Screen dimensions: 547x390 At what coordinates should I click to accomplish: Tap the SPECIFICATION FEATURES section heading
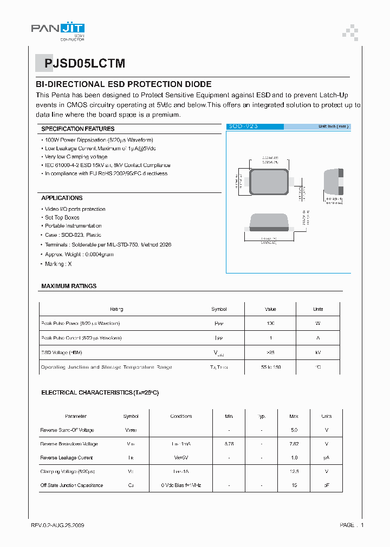coord(78,129)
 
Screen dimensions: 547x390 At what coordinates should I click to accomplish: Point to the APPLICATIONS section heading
coord(62,198)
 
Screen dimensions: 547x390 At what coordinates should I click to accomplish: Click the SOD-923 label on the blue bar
coord(243,126)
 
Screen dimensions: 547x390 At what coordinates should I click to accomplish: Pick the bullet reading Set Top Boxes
coord(62,217)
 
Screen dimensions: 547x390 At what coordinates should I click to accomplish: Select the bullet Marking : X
coord(58,264)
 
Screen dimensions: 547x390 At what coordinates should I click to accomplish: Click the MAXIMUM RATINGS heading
coord(69,286)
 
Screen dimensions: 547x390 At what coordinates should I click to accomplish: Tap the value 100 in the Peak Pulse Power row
coord(270,323)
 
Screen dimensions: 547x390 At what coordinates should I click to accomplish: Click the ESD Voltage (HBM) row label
coord(62,352)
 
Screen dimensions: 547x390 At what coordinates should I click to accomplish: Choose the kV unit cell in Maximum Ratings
coord(318,352)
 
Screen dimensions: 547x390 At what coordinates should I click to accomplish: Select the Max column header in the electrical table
coord(294,416)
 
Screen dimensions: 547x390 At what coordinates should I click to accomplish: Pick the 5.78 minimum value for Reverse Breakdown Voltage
coord(229,444)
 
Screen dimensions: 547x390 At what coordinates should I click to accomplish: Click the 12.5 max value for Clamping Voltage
coord(294,471)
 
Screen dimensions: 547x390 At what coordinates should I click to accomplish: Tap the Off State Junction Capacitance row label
coord(71,485)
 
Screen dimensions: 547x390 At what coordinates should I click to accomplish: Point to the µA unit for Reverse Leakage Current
coord(326,458)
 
